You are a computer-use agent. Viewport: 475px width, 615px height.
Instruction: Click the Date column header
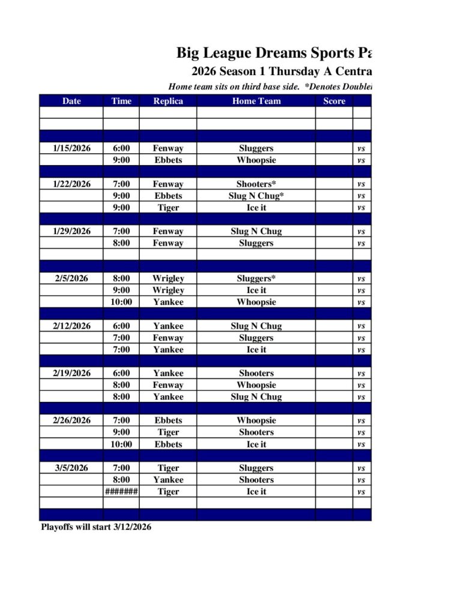click(x=71, y=101)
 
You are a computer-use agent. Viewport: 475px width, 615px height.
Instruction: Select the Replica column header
click(x=168, y=101)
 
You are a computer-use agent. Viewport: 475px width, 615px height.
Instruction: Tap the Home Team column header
click(x=256, y=101)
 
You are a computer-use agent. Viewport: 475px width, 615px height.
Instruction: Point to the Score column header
click(x=334, y=101)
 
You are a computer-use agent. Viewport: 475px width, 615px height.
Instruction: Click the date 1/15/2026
click(x=71, y=148)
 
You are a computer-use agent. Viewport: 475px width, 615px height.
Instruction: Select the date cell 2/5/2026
click(x=71, y=279)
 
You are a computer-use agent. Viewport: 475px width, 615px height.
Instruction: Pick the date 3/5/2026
click(x=71, y=468)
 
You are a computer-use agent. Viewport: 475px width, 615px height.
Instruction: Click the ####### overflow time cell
click(x=121, y=492)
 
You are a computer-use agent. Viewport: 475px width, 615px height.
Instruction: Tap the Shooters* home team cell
click(x=256, y=184)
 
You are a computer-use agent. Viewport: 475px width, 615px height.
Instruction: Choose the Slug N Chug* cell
click(x=256, y=196)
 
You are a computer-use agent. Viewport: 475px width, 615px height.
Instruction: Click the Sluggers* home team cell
click(x=256, y=279)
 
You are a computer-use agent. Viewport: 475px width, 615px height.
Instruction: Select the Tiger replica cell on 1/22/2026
click(x=168, y=208)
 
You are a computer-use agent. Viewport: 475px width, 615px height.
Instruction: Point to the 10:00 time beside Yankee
click(x=121, y=302)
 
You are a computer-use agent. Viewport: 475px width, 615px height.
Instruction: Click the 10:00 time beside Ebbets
click(x=121, y=444)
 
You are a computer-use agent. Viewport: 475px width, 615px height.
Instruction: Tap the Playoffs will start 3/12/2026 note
click(x=96, y=527)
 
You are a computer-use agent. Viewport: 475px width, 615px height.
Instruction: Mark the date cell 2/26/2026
click(x=71, y=420)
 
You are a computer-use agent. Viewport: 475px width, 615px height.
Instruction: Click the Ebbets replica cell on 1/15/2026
click(x=168, y=160)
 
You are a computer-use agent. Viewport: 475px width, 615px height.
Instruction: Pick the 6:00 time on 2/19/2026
click(x=121, y=373)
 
